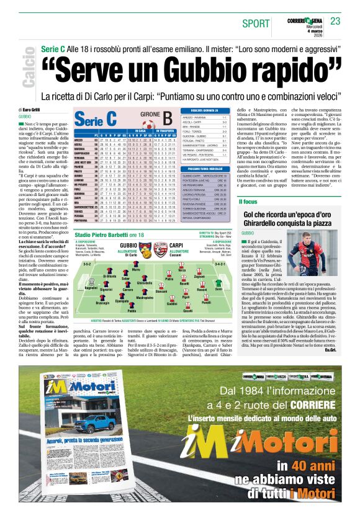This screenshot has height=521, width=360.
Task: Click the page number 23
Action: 336,22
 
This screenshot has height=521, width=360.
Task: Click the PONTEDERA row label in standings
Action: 81,220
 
